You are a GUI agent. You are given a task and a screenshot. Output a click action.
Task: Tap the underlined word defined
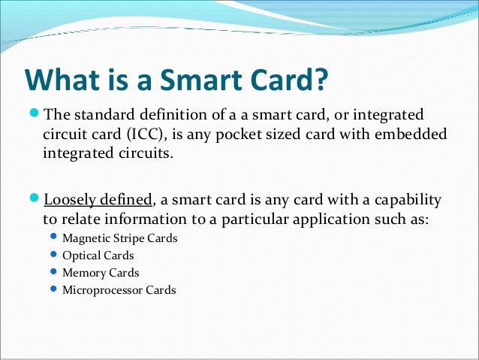click(127, 201)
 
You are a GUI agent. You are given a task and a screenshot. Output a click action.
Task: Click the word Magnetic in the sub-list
click(87, 239)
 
